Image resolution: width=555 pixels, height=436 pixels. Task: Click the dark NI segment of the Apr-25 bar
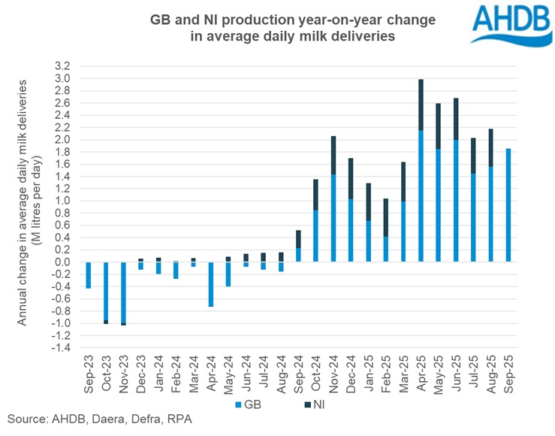421,104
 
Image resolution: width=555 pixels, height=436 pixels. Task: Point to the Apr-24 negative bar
211,284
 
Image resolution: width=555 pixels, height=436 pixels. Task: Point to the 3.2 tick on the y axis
65,66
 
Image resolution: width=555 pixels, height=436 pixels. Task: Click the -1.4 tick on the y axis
63,348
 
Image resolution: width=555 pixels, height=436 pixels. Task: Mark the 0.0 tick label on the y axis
65,262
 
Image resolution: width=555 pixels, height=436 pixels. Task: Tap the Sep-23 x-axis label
89,374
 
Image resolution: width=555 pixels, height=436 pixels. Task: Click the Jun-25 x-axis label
457,374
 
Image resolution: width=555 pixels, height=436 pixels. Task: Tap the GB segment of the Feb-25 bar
386,249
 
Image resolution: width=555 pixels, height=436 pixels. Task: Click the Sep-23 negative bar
88,275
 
